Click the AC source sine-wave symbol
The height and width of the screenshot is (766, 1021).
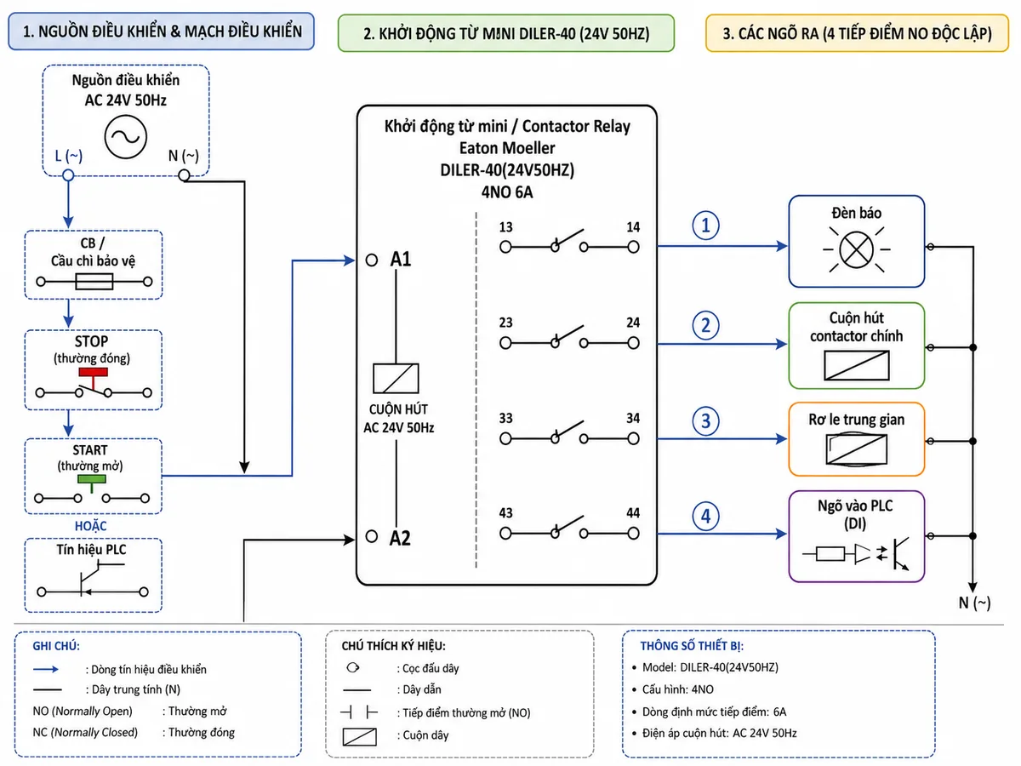[x=126, y=137]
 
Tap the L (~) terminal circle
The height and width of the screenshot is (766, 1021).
[x=68, y=175]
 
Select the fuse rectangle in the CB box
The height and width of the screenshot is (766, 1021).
[x=94, y=282]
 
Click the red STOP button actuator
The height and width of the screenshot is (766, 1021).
[x=93, y=372]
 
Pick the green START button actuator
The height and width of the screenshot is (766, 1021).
[x=92, y=479]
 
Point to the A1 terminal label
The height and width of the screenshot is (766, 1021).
[x=401, y=259]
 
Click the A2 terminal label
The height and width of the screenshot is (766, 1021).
[x=400, y=538]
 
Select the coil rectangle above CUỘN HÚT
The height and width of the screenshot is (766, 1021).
[x=396, y=378]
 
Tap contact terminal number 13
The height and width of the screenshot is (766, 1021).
[x=505, y=227]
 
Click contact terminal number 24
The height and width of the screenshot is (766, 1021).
[x=633, y=323]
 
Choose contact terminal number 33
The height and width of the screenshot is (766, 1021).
[x=505, y=418]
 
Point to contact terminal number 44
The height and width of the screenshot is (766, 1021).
[x=633, y=513]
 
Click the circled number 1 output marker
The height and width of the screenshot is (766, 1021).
[x=705, y=226]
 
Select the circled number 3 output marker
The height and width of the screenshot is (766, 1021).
[x=705, y=421]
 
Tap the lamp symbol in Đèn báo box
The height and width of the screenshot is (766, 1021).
[x=856, y=249]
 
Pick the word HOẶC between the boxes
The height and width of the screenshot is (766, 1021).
[x=91, y=526]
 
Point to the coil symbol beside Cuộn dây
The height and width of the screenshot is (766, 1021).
[x=360, y=737]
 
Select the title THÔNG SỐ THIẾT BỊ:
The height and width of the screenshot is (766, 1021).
[x=692, y=646]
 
